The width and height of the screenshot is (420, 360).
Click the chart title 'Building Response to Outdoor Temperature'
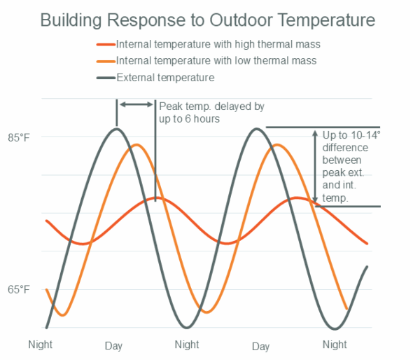pos(210,19)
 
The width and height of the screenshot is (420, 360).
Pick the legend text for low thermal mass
pos(216,61)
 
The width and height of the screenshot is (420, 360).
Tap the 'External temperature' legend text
pos(165,77)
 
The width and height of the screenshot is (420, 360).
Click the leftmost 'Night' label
pos(40,344)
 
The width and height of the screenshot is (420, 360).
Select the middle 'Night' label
pos(187,344)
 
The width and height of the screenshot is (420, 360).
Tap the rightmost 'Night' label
pos(335,344)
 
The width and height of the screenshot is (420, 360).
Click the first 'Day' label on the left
pos(113,346)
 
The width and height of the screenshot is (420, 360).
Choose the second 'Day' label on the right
pos(260,346)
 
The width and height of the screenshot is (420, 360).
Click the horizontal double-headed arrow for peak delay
pos(136,104)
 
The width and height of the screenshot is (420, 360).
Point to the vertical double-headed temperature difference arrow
pos(316,167)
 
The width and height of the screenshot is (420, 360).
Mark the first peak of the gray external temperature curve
pos(116,129)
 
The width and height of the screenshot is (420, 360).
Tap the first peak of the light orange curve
pos(136,145)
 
